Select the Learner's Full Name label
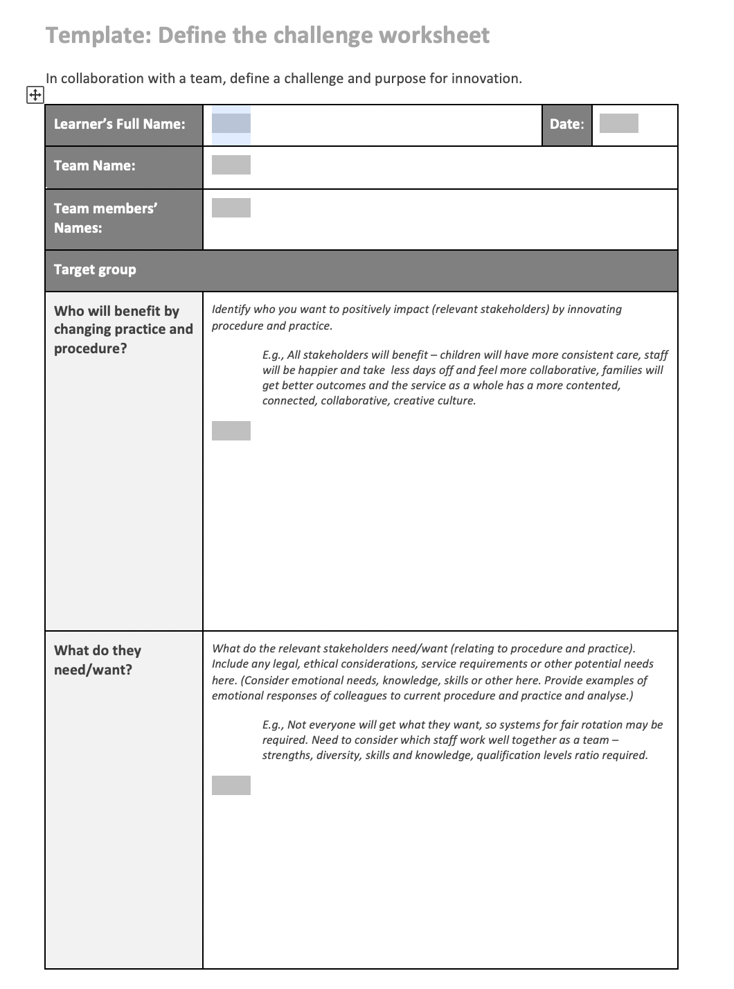119,124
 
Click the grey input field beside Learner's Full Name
231,124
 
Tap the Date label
566,124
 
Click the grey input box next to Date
618,124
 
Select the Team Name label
94,166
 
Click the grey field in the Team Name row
231,165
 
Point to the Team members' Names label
105,218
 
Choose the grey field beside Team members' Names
231,208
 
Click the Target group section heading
95,269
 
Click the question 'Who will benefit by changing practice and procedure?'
123,330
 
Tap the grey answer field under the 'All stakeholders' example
231,431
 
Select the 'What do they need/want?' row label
97,660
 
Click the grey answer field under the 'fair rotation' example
231,785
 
